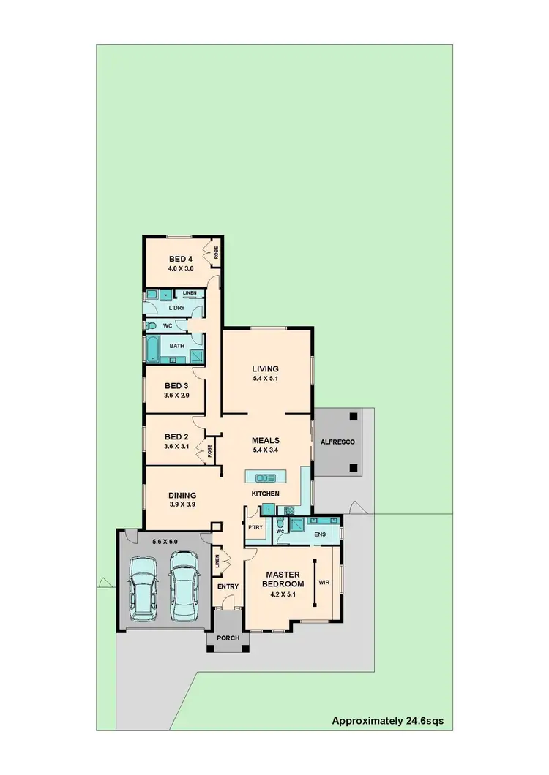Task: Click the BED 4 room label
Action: (181, 259)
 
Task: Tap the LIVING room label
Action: (266, 368)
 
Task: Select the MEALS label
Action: (266, 440)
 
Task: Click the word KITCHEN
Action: (266, 494)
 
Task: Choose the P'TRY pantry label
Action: (255, 527)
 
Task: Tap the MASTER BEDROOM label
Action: (285, 579)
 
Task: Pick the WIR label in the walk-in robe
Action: (325, 583)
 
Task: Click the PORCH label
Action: (228, 638)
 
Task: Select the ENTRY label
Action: (228, 586)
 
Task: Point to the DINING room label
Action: (182, 495)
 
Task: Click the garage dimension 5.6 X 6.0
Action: (165, 542)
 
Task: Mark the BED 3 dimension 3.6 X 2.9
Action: (176, 395)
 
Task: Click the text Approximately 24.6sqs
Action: (387, 721)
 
